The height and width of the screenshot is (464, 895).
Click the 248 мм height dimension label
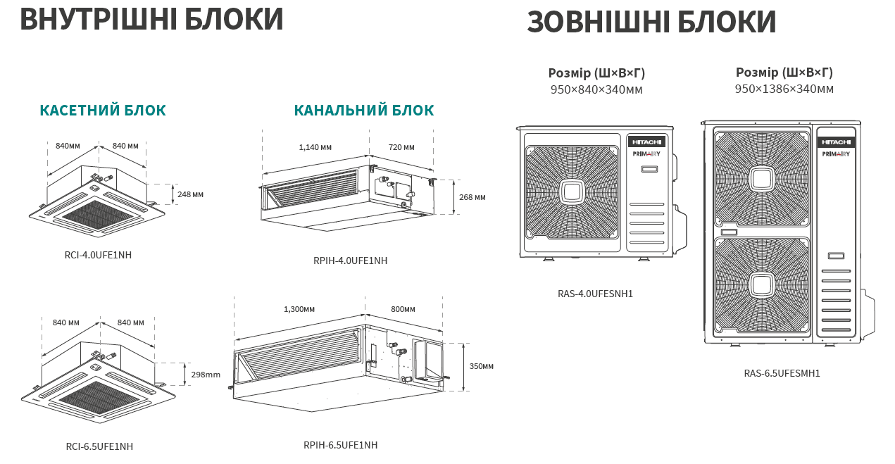[190, 194]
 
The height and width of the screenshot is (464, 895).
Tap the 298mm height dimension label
[206, 375]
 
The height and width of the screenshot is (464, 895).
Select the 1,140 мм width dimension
[315, 147]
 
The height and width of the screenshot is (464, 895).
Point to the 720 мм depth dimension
[401, 147]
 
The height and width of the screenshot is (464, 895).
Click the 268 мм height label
[472, 197]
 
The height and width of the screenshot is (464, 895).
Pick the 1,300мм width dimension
[299, 309]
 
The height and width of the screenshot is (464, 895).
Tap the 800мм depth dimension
[403, 309]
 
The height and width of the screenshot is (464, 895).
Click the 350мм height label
[481, 366]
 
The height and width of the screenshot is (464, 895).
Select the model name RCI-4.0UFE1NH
[98, 255]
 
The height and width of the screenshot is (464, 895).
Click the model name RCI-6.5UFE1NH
[99, 446]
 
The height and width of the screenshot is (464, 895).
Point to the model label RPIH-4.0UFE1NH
[351, 261]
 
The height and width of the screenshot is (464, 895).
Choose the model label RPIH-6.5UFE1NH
[340, 445]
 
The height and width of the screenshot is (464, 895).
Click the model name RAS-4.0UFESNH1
[595, 294]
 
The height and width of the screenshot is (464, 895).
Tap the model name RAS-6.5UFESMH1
[782, 373]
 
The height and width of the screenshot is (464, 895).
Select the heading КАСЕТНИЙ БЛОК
[103, 111]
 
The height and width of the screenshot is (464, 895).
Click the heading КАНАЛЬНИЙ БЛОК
[364, 111]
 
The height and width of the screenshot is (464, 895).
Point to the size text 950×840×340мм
[596, 89]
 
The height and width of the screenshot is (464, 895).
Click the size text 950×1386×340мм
[784, 89]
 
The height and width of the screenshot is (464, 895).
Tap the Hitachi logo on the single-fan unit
[646, 142]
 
